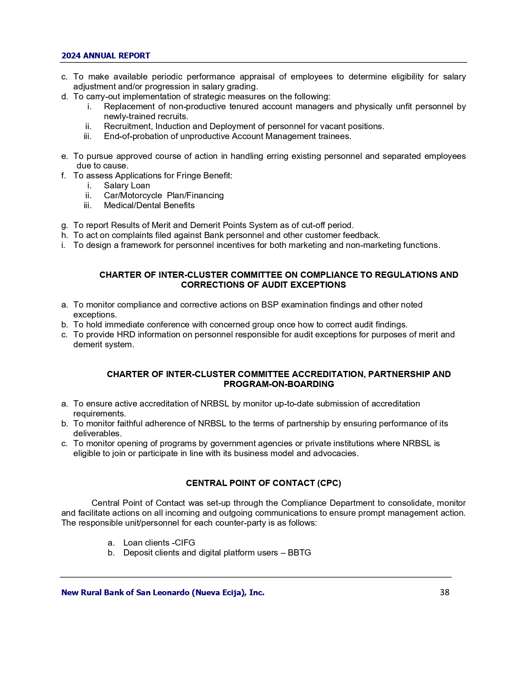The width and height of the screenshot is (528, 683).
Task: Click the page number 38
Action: pos(444,592)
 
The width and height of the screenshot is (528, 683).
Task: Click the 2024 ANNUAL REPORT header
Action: pos(106,55)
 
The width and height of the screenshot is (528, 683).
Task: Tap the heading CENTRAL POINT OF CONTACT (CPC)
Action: pos(263,483)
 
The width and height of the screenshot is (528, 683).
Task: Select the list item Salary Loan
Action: pos(127,185)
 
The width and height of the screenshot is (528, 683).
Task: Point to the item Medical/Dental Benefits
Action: pos(149,205)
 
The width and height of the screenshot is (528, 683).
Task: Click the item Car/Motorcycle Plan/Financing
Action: pos(164,195)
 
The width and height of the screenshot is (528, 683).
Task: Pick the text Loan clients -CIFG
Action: pos(159,543)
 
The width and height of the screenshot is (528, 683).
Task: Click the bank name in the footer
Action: pos(163,592)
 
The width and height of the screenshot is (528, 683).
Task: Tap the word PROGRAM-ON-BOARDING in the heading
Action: pos(279,384)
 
